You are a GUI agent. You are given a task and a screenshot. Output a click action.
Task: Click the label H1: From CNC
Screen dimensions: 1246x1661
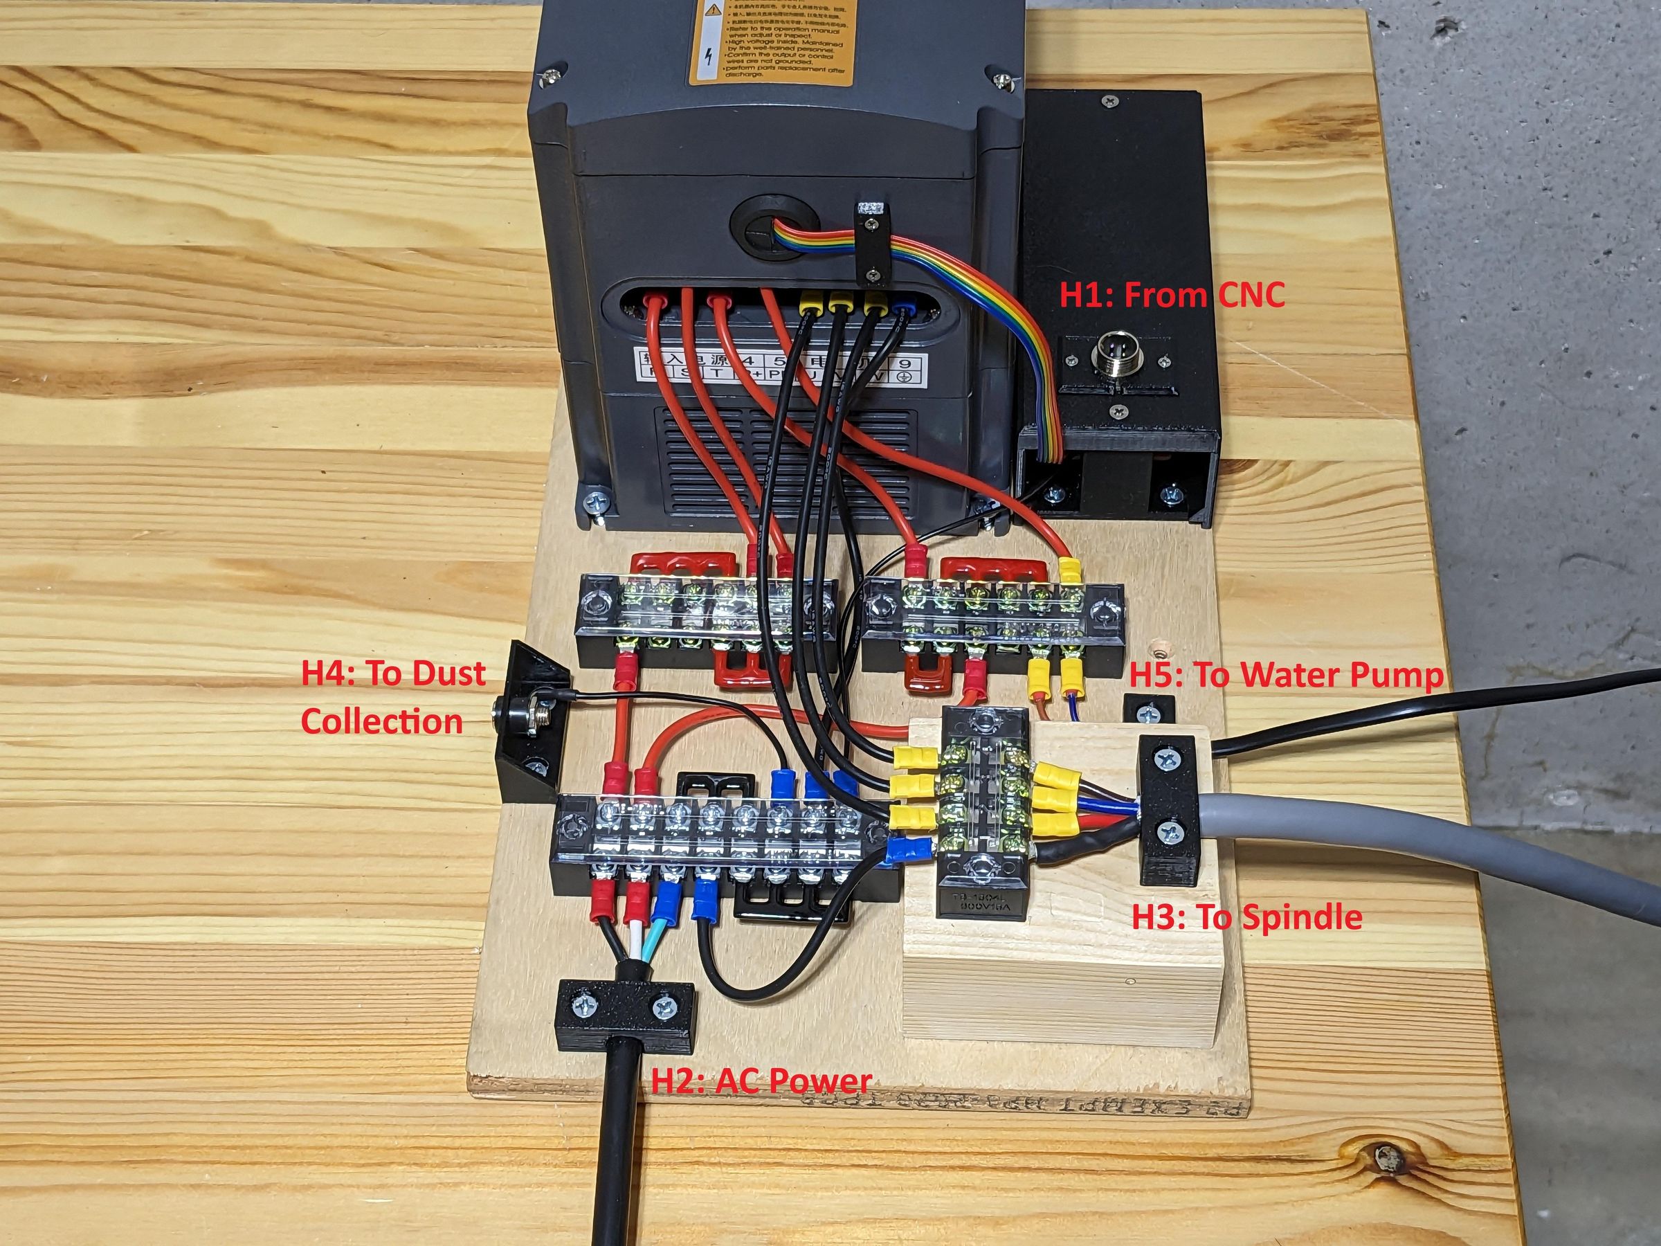click(x=1172, y=295)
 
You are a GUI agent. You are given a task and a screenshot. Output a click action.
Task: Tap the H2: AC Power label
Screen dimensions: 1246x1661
click(x=760, y=1081)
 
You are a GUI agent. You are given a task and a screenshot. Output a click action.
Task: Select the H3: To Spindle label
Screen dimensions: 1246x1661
click(x=1246, y=917)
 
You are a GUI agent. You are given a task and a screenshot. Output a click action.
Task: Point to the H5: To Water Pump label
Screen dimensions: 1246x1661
click(x=1287, y=675)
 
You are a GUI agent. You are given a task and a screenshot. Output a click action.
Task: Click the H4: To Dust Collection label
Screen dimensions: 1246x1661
click(x=392, y=697)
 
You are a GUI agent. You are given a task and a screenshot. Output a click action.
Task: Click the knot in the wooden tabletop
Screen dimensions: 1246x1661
click(x=1386, y=1157)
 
